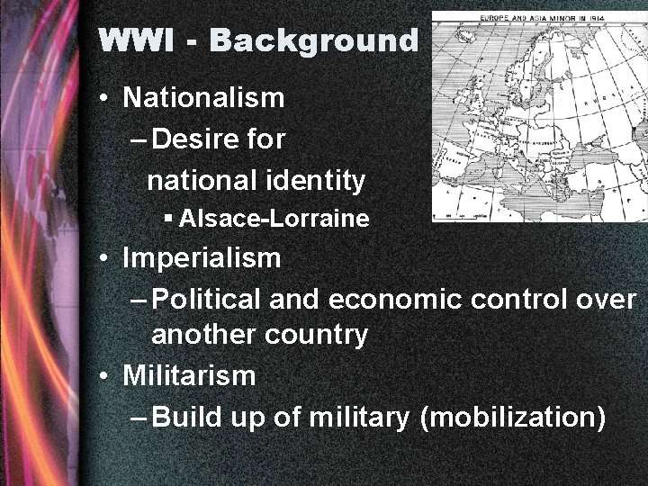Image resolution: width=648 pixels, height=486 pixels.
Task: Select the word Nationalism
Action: [x=204, y=97]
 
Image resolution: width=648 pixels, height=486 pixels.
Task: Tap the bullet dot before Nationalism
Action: [x=107, y=98]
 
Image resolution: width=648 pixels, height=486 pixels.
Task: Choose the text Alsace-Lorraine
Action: [x=274, y=219]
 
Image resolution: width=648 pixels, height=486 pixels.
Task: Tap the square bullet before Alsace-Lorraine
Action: [x=168, y=219]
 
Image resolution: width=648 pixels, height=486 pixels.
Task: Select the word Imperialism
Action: [x=202, y=258]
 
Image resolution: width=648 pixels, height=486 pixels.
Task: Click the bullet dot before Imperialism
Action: [x=107, y=259]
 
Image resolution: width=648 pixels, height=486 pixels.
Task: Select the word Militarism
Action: [x=190, y=375]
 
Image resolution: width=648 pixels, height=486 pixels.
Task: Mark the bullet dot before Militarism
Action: [x=107, y=376]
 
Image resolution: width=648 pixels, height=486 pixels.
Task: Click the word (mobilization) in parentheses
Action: [x=512, y=417]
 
